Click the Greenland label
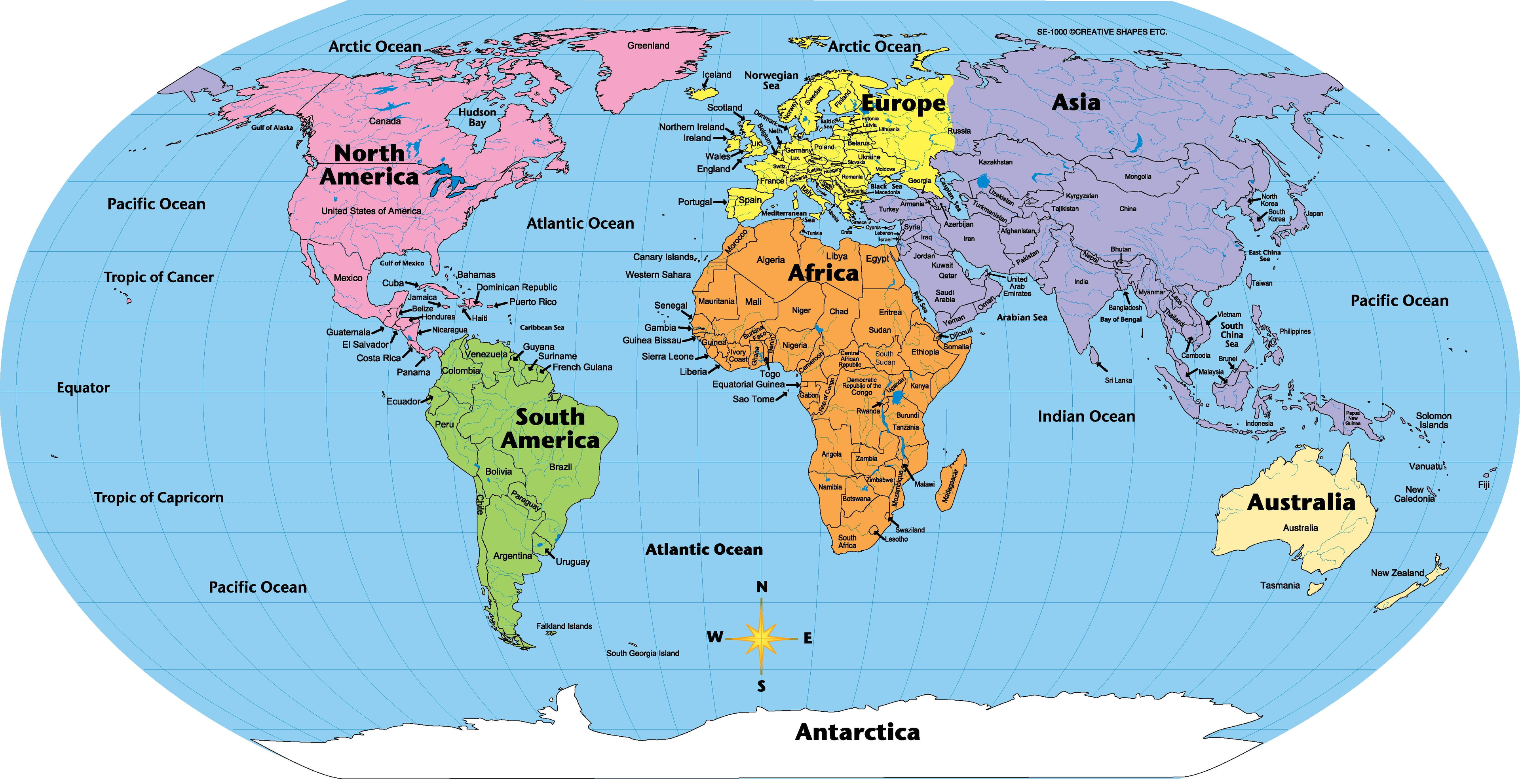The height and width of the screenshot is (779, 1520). pos(648,45)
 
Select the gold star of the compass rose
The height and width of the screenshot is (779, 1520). pos(762,637)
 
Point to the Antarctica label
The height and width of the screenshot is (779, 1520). pos(857,732)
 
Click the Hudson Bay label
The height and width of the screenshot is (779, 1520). pos(477,118)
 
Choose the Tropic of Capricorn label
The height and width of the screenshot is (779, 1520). pos(159,498)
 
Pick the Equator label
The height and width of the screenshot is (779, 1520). pos(83,387)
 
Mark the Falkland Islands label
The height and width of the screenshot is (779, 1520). pos(564,626)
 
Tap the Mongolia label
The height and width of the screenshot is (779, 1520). pos(1138,176)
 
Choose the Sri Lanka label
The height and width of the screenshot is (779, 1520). pos(1118,380)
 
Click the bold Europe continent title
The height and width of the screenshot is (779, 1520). pos(903,104)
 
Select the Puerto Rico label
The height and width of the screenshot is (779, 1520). pos(533,302)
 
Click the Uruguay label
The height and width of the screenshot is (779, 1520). pos(572,562)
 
